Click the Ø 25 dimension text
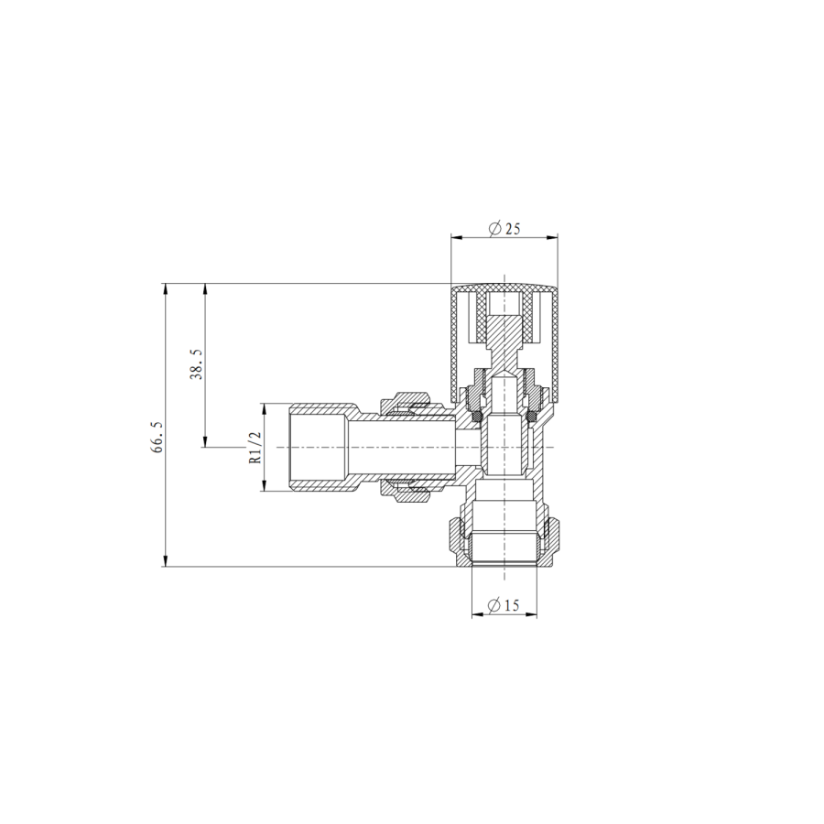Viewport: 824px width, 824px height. [x=504, y=229]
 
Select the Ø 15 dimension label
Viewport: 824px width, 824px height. [x=504, y=605]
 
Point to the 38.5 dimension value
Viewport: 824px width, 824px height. [x=195, y=364]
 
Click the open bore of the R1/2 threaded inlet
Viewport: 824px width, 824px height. [x=316, y=448]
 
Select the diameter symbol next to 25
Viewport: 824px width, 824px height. [x=493, y=229]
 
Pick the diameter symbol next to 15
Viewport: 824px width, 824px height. [x=493, y=605]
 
